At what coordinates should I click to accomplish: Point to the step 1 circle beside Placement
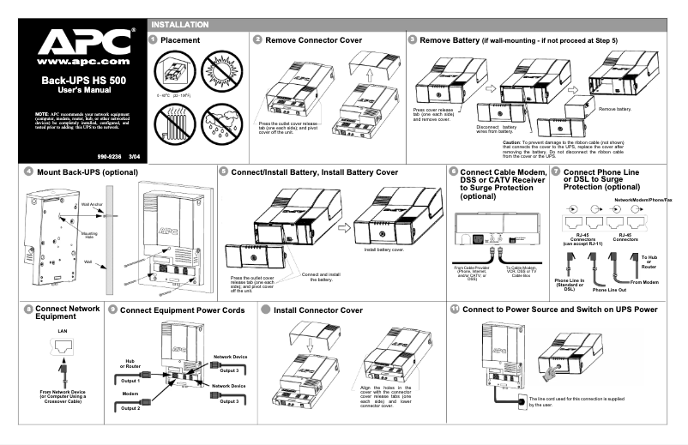153,39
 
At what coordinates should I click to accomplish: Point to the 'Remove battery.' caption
615,109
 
